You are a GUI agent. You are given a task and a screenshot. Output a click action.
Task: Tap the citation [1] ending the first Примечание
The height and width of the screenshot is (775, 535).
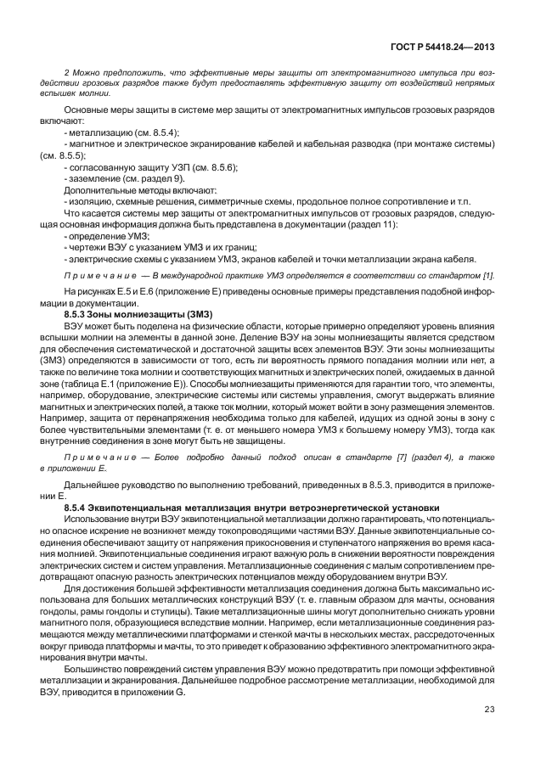(489, 277)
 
